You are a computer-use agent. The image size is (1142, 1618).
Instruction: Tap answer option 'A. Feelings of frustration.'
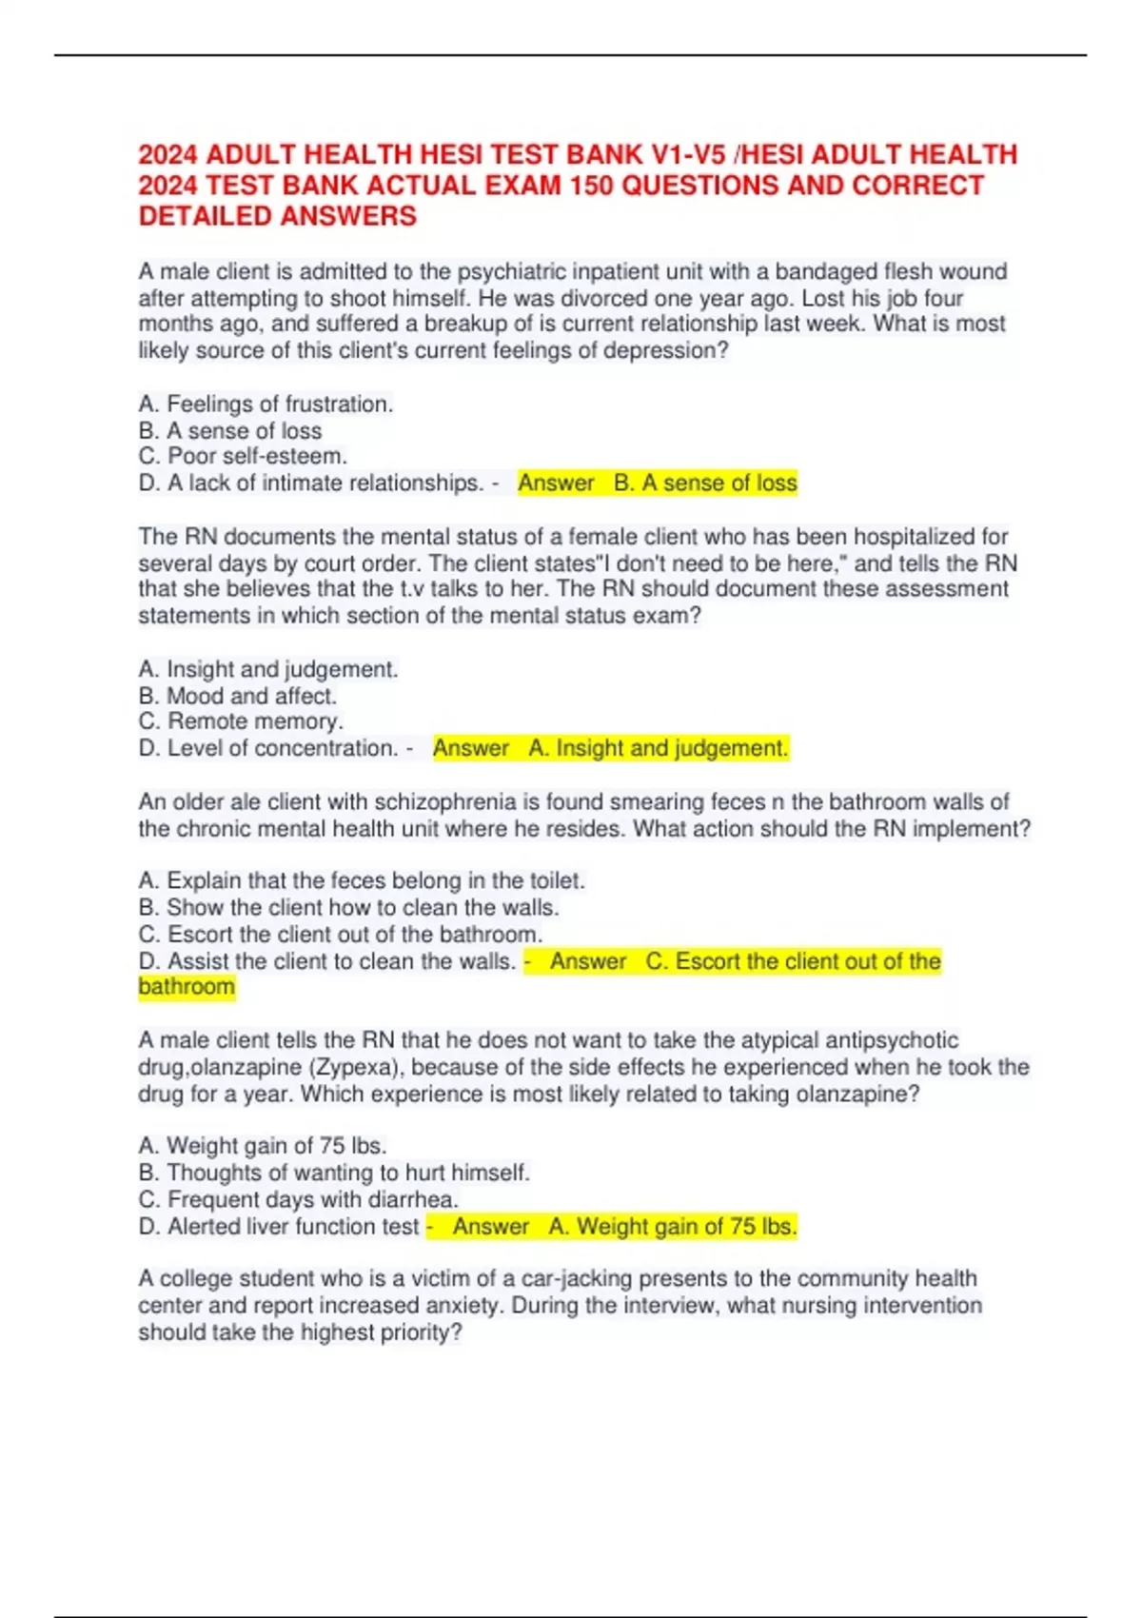(266, 404)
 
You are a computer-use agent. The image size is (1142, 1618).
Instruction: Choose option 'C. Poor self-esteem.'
(243, 457)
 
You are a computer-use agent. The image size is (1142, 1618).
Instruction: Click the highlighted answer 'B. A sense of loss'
(705, 483)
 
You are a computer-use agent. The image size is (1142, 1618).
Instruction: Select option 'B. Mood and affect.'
(238, 696)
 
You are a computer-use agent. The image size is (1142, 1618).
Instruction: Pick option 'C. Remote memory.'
(241, 721)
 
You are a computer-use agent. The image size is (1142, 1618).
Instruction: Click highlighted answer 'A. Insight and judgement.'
(659, 749)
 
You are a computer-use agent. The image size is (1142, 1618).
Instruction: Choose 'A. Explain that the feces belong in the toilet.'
(362, 880)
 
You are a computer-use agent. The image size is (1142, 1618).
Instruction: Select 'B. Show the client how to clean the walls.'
(348, 907)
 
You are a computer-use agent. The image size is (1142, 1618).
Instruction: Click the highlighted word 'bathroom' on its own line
(187, 986)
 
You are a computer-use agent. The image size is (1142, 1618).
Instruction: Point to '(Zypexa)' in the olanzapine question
(351, 1067)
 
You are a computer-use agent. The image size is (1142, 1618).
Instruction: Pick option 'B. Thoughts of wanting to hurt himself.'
(334, 1173)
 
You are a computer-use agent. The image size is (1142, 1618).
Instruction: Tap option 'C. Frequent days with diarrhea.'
(299, 1199)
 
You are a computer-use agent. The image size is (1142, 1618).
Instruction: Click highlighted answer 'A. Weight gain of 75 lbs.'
(672, 1227)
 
